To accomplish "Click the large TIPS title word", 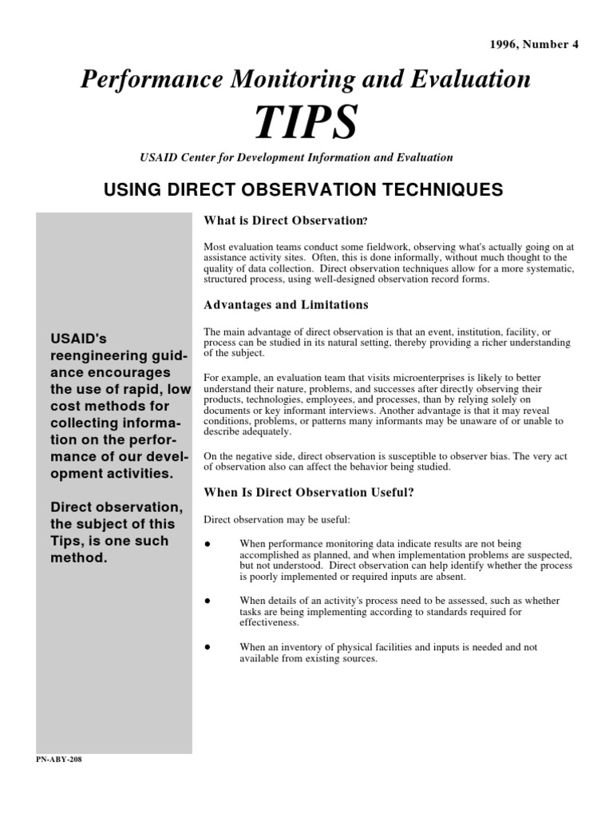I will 306,121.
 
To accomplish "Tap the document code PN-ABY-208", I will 58,759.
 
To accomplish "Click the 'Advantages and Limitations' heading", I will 286,304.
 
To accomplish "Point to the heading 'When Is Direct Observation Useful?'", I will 309,493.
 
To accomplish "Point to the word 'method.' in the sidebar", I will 78,558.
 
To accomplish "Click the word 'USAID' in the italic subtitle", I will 157,157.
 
